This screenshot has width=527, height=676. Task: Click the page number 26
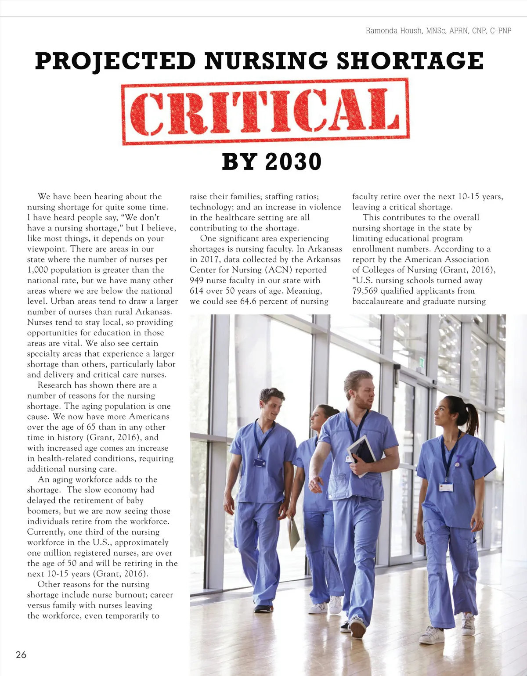pos(21,654)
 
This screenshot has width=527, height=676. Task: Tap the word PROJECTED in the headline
pos(115,61)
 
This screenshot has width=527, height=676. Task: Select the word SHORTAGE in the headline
pos(410,61)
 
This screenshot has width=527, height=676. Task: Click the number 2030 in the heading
pos(293,162)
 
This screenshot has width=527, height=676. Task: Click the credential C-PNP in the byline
pos(500,31)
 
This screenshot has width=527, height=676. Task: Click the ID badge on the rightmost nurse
pos(446,487)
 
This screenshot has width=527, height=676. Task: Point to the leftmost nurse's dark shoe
pos(263,608)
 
